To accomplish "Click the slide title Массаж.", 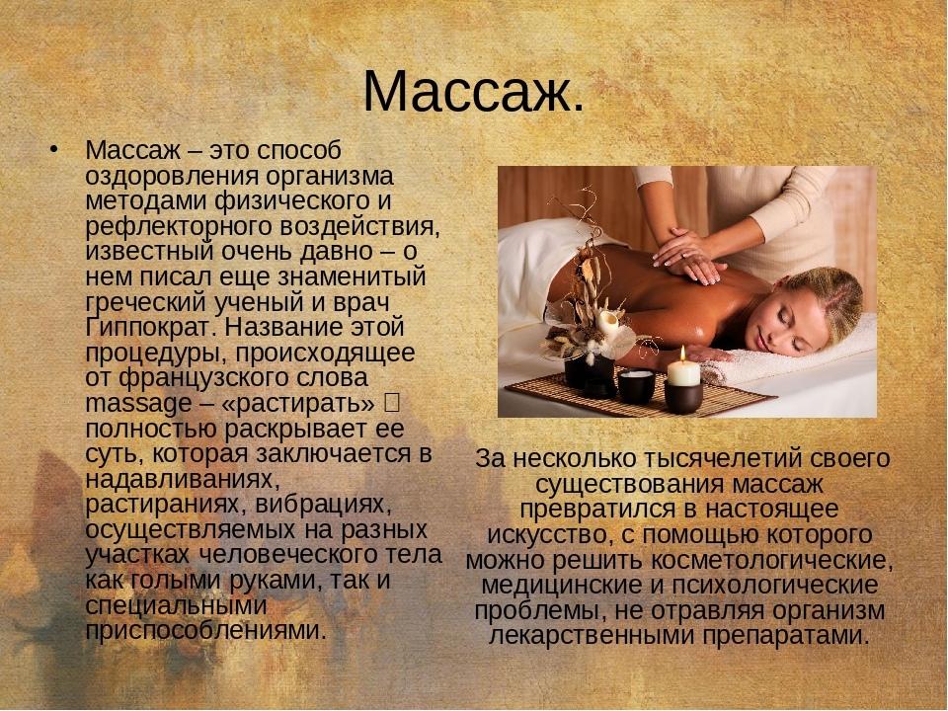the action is point(474,92).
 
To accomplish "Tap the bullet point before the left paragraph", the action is point(54,149).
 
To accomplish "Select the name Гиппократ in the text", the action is point(152,327).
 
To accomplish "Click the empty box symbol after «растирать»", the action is point(391,402).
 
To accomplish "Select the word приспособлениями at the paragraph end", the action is point(205,632).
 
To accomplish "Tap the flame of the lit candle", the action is point(683,355).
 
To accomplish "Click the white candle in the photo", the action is point(683,372).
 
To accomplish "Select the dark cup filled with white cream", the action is point(636,386).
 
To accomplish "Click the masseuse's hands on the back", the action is point(689,257).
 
